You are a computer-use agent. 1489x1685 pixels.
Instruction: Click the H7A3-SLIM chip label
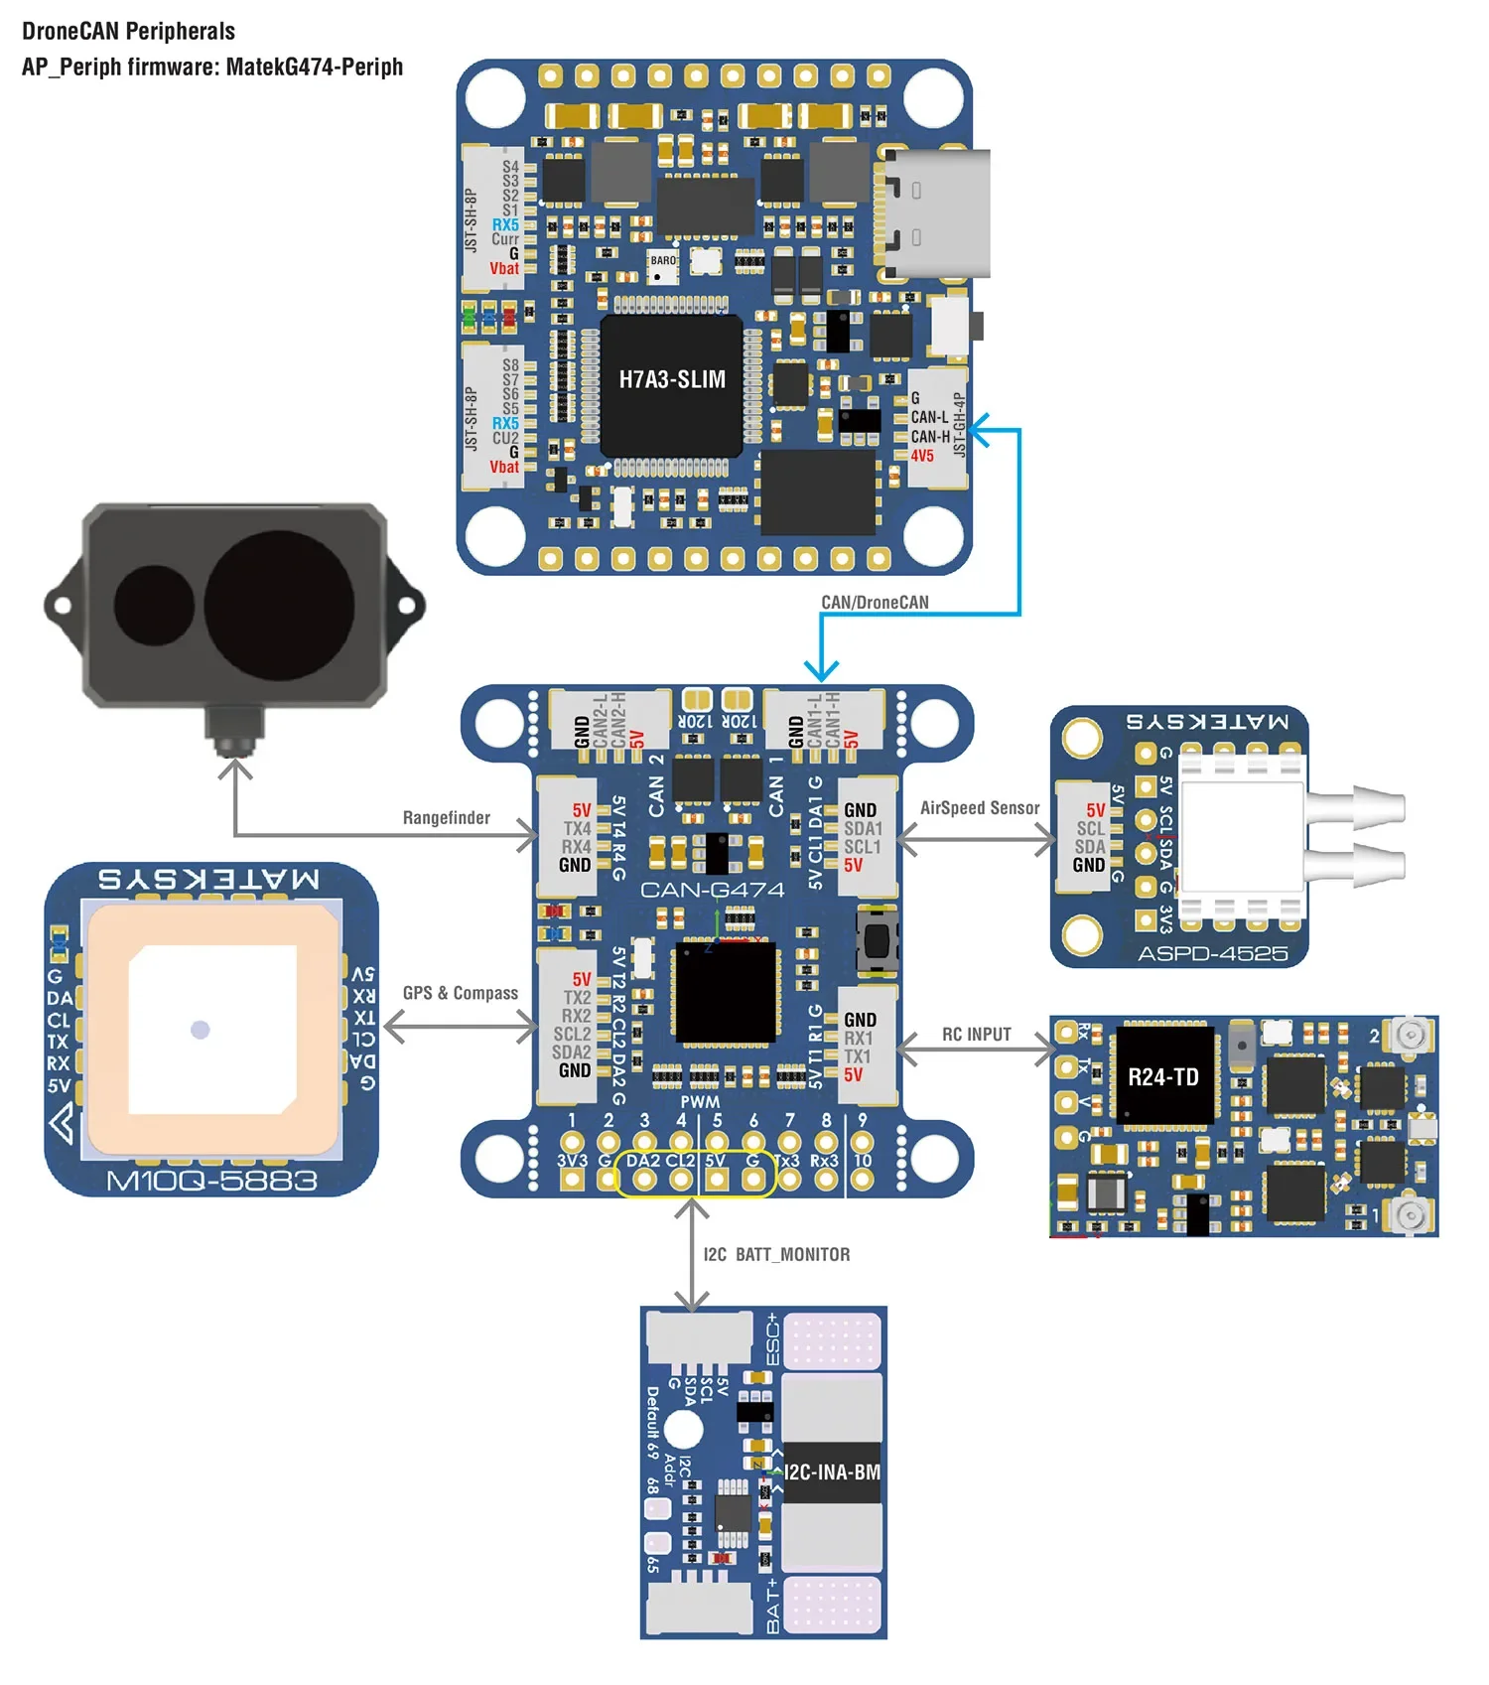tap(672, 379)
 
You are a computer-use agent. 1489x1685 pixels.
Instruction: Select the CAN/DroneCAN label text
tap(875, 603)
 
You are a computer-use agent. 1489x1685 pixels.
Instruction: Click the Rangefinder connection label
tap(446, 818)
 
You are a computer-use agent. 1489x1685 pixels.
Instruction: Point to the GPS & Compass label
tap(460, 993)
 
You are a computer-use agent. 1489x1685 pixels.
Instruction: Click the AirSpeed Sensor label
tap(979, 808)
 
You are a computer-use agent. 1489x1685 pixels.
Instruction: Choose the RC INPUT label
tap(976, 1035)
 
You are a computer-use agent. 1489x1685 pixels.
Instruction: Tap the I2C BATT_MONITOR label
tap(776, 1255)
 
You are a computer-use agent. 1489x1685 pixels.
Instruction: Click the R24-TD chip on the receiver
tap(1163, 1077)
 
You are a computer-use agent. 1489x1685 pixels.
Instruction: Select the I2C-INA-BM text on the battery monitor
tap(832, 1473)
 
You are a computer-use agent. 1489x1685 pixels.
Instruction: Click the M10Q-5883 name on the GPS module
tap(211, 1181)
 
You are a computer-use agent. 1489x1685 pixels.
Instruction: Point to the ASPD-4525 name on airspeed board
tap(1212, 954)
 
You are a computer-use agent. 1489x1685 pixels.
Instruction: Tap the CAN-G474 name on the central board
tap(712, 890)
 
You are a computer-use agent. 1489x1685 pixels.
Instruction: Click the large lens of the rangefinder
tap(279, 605)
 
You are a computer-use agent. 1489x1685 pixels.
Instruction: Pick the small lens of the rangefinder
tap(154, 606)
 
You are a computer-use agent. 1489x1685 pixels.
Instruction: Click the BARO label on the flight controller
tap(663, 261)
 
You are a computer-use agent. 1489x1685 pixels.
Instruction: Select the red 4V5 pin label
tap(922, 456)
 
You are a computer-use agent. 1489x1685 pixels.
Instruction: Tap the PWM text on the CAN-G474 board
tap(700, 1101)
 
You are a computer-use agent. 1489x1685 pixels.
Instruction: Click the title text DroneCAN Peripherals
tap(128, 31)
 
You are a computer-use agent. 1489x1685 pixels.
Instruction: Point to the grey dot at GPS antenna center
tap(201, 1030)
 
